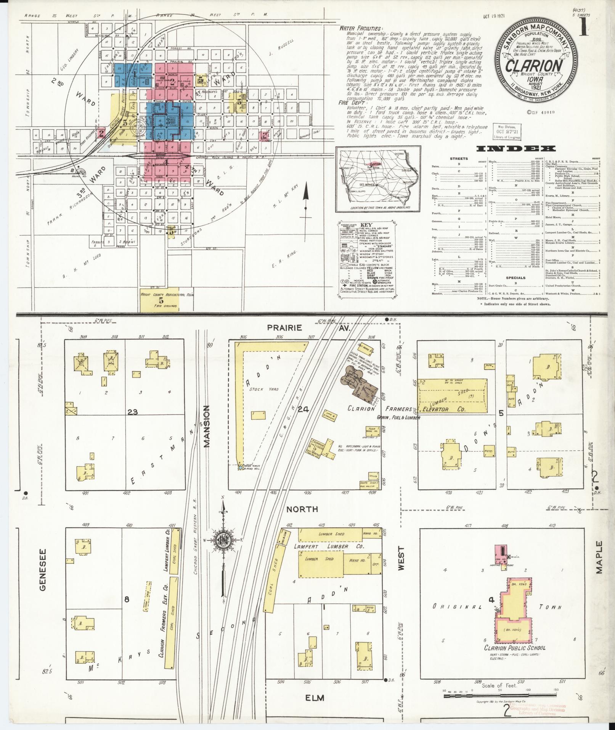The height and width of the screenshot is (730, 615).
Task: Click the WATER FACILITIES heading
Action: [355, 29]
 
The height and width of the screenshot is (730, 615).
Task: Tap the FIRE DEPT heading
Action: [350, 103]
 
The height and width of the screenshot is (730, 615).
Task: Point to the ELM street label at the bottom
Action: [315, 698]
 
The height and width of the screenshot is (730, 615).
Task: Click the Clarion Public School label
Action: [515, 648]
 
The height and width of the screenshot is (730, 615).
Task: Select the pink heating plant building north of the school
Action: [503, 551]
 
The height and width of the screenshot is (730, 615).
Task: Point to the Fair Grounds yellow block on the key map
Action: [159, 300]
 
